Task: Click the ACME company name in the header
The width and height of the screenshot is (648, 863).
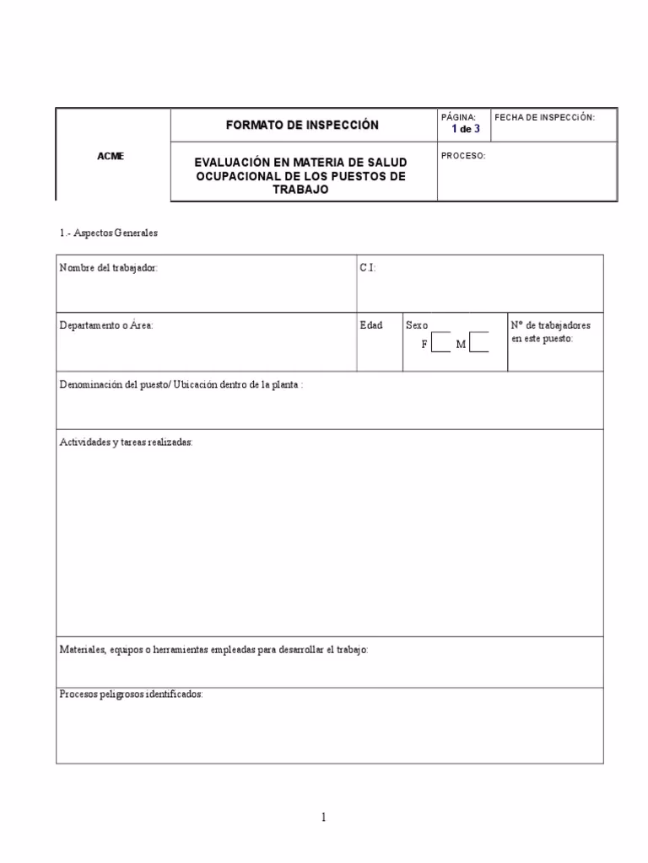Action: click(111, 157)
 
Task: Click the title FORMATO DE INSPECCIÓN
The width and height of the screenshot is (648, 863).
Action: click(302, 125)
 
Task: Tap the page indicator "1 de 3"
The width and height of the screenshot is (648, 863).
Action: click(465, 129)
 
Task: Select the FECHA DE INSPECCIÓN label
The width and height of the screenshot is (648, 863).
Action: click(544, 117)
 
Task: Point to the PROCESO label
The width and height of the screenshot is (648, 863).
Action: click(463, 156)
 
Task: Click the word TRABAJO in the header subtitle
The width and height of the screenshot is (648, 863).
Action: click(301, 190)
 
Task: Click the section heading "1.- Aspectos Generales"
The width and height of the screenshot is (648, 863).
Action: click(109, 233)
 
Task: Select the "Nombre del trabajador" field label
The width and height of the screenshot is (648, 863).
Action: click(108, 267)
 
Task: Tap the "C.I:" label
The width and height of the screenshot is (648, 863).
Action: click(368, 267)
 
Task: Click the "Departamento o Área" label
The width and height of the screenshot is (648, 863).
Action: click(106, 325)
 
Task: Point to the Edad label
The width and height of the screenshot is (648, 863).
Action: click(370, 325)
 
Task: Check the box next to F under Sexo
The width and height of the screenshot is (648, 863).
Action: click(441, 343)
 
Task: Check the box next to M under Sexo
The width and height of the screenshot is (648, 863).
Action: click(479, 343)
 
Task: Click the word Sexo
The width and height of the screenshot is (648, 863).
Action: click(417, 325)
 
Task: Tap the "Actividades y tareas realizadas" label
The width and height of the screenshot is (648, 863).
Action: click(126, 442)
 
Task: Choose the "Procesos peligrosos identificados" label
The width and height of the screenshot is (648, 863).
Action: click(131, 694)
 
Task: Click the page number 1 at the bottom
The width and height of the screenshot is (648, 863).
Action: click(323, 817)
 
